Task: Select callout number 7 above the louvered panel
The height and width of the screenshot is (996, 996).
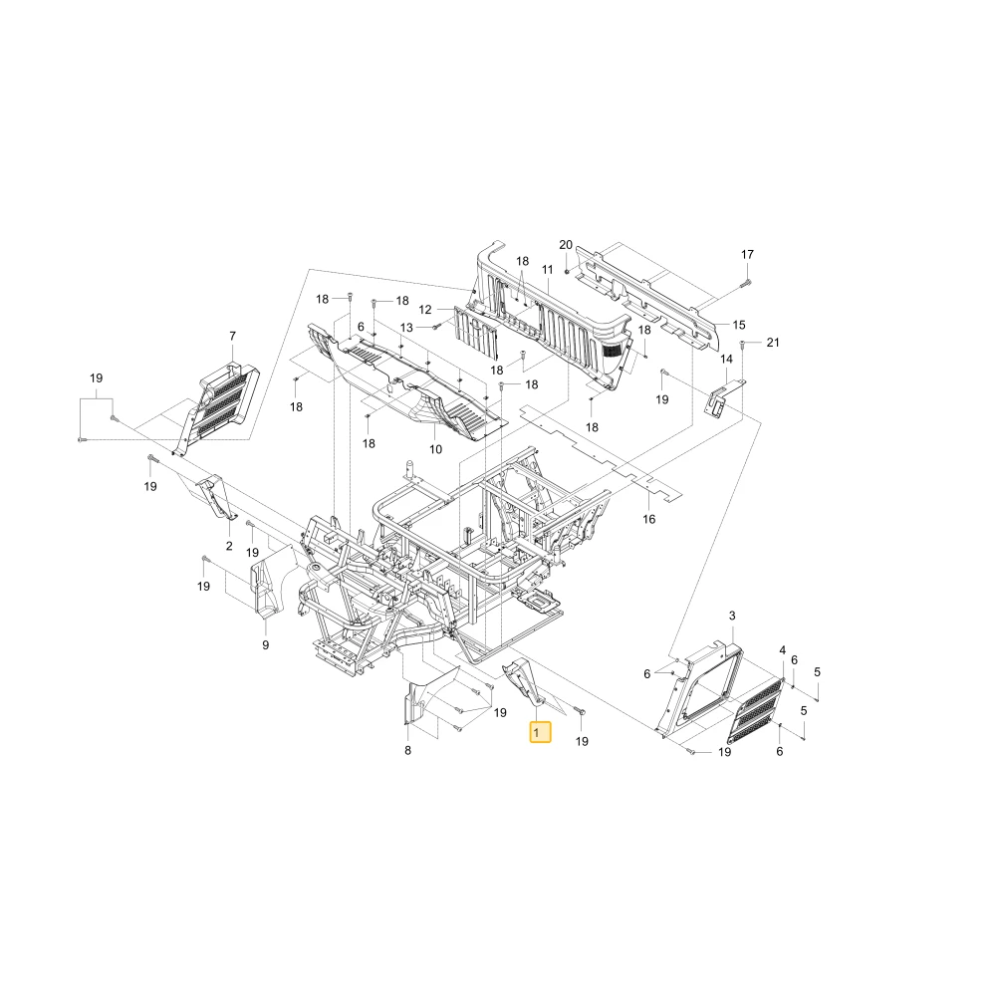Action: (232, 336)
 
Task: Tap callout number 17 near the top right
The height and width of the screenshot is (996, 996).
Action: (747, 254)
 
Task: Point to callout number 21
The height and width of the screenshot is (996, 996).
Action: (773, 343)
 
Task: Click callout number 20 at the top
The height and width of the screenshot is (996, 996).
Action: (566, 245)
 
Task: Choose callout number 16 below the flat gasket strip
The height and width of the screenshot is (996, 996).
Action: (648, 519)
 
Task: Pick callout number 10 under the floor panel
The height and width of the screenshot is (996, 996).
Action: (435, 449)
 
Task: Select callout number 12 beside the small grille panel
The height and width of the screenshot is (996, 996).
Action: (425, 310)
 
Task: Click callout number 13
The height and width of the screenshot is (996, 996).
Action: (406, 327)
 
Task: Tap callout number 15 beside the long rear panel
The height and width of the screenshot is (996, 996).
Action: (739, 325)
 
